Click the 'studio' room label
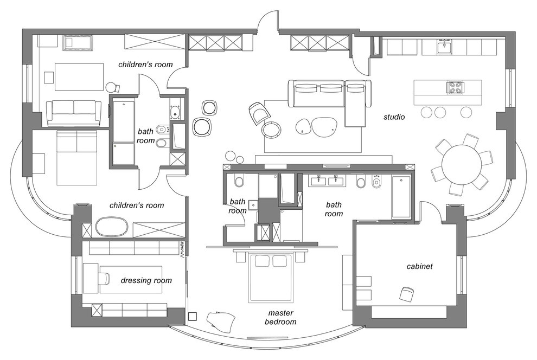(394, 117)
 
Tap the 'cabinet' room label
(419, 266)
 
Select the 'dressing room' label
(146, 281)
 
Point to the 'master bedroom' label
(280, 317)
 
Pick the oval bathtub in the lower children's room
(112, 227)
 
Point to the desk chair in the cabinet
(407, 294)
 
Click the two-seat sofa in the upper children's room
(74, 113)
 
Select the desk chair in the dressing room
(104, 278)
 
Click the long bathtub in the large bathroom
(401, 197)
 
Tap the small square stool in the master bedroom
(193, 317)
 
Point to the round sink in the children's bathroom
(175, 111)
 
